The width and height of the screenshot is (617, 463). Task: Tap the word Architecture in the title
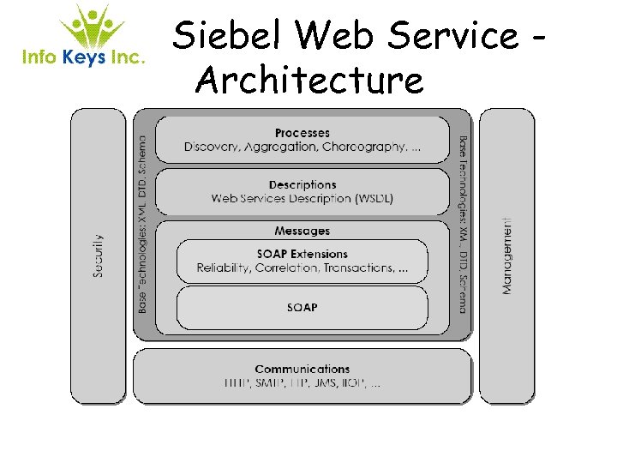click(309, 81)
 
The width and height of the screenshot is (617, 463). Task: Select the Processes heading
click(303, 133)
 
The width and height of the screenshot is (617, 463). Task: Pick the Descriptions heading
click(303, 184)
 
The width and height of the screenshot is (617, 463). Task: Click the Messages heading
click(303, 231)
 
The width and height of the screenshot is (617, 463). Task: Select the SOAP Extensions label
click(303, 254)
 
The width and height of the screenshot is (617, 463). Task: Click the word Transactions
click(358, 268)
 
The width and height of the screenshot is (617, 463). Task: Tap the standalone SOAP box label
click(303, 307)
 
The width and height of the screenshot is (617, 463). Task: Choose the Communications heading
click(303, 369)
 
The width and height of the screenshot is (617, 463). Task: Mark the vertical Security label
click(99, 255)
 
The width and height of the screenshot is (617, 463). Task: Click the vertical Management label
click(507, 256)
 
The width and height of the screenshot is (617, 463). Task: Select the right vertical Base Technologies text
click(463, 223)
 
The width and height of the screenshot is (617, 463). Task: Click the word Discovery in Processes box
click(209, 147)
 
